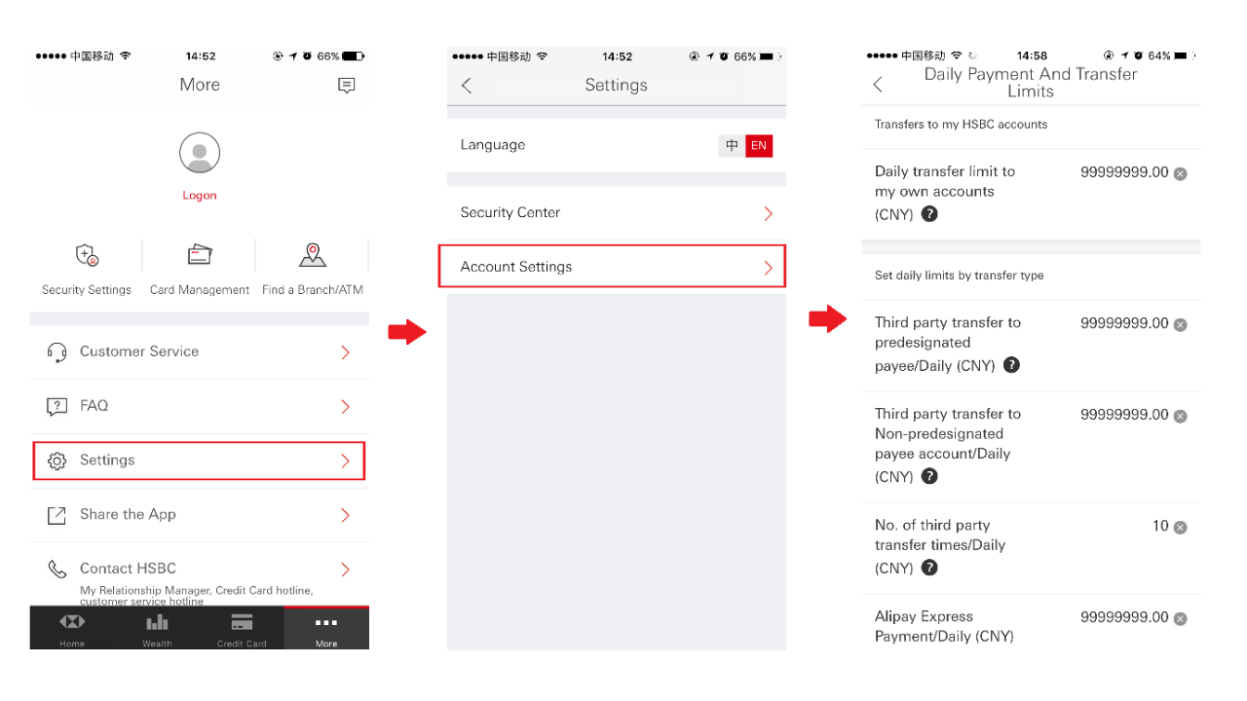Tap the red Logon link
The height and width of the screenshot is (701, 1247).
[x=200, y=196]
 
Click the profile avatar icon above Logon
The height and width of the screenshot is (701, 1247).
[x=200, y=154]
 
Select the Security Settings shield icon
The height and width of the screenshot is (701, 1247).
[x=87, y=256]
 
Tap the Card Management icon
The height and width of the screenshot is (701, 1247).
[x=200, y=255]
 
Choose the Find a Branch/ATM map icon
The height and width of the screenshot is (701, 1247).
[x=312, y=255]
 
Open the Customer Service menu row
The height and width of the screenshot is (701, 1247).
[x=200, y=352]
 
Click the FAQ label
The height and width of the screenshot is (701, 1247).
[x=94, y=406]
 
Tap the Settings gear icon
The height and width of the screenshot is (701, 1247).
[x=57, y=461]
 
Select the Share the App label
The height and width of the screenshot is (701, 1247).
[x=128, y=515]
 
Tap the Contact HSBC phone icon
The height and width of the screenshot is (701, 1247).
[x=57, y=570]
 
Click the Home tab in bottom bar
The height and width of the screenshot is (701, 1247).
[x=72, y=629]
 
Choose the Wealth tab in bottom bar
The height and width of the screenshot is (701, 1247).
[x=157, y=629]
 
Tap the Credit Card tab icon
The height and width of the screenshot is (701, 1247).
[x=242, y=623]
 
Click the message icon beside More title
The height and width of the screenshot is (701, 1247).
[x=346, y=86]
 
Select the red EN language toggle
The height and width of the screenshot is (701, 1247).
[x=759, y=146]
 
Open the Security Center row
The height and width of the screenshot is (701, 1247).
[x=616, y=213]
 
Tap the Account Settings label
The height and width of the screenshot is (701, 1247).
[x=516, y=267]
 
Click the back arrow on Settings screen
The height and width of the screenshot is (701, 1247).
[x=467, y=86]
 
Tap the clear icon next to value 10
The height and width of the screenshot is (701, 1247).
[x=1180, y=528]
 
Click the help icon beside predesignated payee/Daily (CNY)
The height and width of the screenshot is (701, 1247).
[x=1012, y=365]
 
